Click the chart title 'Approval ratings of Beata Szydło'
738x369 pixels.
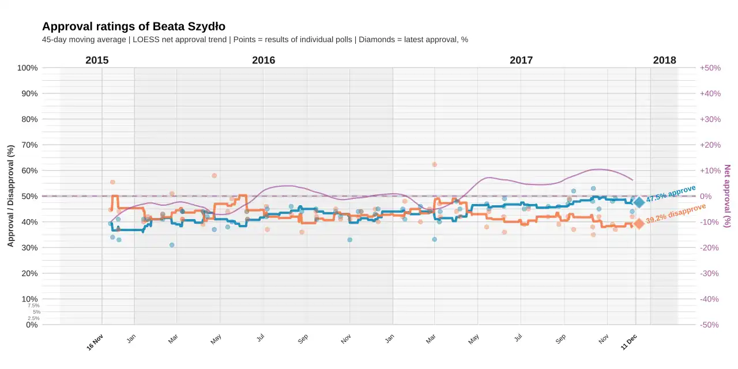[x=134, y=27]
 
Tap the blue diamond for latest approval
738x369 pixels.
[x=639, y=202]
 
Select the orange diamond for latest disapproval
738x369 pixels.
[x=639, y=223]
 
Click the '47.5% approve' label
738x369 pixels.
[x=671, y=193]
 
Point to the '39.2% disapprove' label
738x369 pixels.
[x=676, y=213]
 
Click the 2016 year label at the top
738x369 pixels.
[x=263, y=61]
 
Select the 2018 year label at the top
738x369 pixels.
[x=664, y=61]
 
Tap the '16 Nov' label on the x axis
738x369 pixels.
[x=95, y=342]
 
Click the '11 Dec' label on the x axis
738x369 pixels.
[x=628, y=342]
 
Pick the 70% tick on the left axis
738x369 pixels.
[x=29, y=145]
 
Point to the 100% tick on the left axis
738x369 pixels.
[x=27, y=68]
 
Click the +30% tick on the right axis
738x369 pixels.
[x=710, y=119]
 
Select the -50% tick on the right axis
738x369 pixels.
[x=709, y=325]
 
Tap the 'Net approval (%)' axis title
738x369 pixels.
[x=727, y=196]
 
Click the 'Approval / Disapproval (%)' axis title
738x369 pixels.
[x=10, y=196]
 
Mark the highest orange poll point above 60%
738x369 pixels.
[x=435, y=164]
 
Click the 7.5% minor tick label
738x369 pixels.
[x=33, y=306]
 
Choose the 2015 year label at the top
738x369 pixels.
[x=97, y=61]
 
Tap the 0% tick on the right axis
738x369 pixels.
[x=706, y=197]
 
